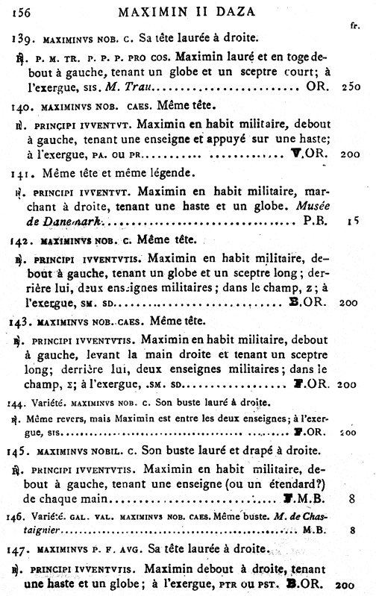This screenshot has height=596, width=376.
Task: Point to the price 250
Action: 350,87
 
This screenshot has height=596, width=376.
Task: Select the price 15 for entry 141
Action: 352,222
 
